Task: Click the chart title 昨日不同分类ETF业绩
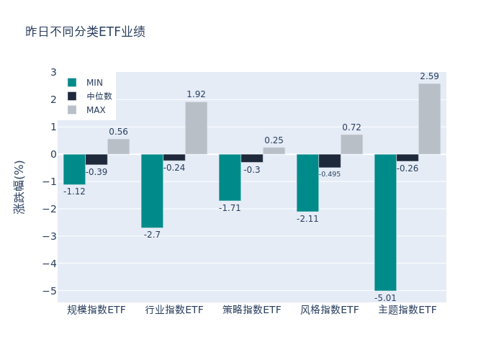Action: (85, 32)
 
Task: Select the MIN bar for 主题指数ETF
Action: (385, 222)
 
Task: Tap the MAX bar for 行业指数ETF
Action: (196, 127)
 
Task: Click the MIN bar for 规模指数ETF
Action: (74, 169)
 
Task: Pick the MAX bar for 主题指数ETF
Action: (429, 119)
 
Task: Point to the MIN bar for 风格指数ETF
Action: (307, 183)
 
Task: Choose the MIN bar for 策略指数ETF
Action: (230, 177)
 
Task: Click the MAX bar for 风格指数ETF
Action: (351, 144)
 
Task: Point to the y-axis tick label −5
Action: (50, 291)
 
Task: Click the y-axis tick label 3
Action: (53, 72)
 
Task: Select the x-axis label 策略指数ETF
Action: (252, 310)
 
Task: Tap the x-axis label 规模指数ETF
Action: (96, 310)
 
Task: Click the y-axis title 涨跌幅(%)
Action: (19, 186)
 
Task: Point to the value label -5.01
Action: (385, 298)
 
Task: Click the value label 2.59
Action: (429, 76)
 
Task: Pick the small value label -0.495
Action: (330, 174)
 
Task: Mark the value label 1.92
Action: (196, 94)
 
